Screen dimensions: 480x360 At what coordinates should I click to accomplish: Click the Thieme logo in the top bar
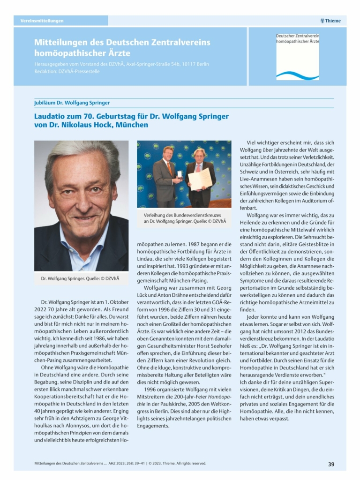click(x=330, y=21)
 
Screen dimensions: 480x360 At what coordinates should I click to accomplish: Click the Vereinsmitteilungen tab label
click(x=42, y=21)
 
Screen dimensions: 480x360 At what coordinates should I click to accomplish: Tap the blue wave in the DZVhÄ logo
click(x=297, y=75)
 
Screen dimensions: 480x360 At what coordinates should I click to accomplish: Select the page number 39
click(x=331, y=464)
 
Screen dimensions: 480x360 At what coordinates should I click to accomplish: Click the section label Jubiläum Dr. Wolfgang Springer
click(x=72, y=103)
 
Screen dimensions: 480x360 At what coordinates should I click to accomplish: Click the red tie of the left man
click(x=169, y=167)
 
